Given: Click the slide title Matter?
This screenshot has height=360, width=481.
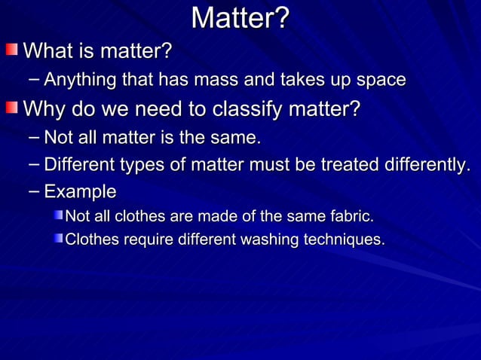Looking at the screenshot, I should [240, 18].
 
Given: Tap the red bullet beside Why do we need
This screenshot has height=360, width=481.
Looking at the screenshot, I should [11, 110].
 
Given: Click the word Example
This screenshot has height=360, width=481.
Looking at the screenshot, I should [80, 191].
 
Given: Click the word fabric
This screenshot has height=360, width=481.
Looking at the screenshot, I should [351, 217].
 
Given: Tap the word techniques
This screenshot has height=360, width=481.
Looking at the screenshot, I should [344, 240].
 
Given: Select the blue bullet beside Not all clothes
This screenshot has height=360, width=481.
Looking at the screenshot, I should [58, 217].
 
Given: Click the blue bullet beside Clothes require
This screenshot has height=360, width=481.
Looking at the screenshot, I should [58, 239].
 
